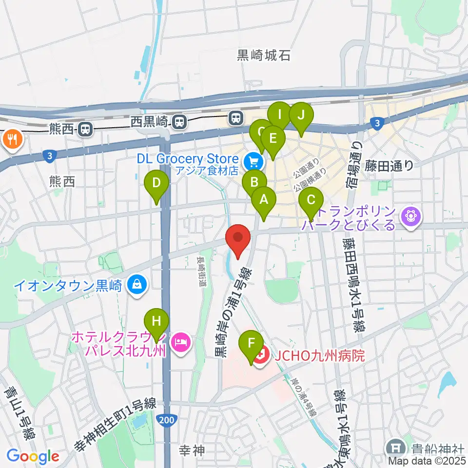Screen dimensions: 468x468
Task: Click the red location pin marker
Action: [x=238, y=238]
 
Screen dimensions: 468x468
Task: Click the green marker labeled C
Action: [x=311, y=200]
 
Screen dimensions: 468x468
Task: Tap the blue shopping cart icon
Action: [x=253, y=160]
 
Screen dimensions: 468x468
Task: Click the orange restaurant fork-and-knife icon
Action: [x=12, y=139]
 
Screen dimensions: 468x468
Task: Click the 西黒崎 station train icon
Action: [x=180, y=120]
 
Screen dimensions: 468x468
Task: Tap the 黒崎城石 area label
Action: [x=264, y=56]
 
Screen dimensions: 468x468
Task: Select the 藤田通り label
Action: [x=389, y=166]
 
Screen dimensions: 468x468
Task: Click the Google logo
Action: [x=33, y=456]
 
